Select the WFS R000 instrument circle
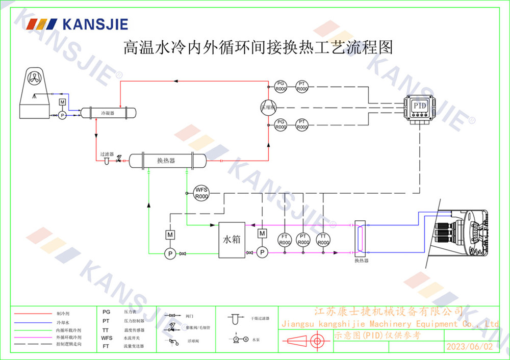[202, 193]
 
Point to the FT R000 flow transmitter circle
[284, 239]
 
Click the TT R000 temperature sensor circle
[323, 239]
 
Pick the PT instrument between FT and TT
[303, 239]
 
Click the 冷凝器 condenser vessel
[107, 112]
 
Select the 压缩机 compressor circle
[268, 107]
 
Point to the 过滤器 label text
[107, 153]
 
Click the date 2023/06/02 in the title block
[470, 346]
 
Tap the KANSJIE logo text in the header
[95, 24]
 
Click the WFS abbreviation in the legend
[107, 338]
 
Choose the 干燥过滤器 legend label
[260, 318]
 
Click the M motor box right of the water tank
[262, 234]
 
